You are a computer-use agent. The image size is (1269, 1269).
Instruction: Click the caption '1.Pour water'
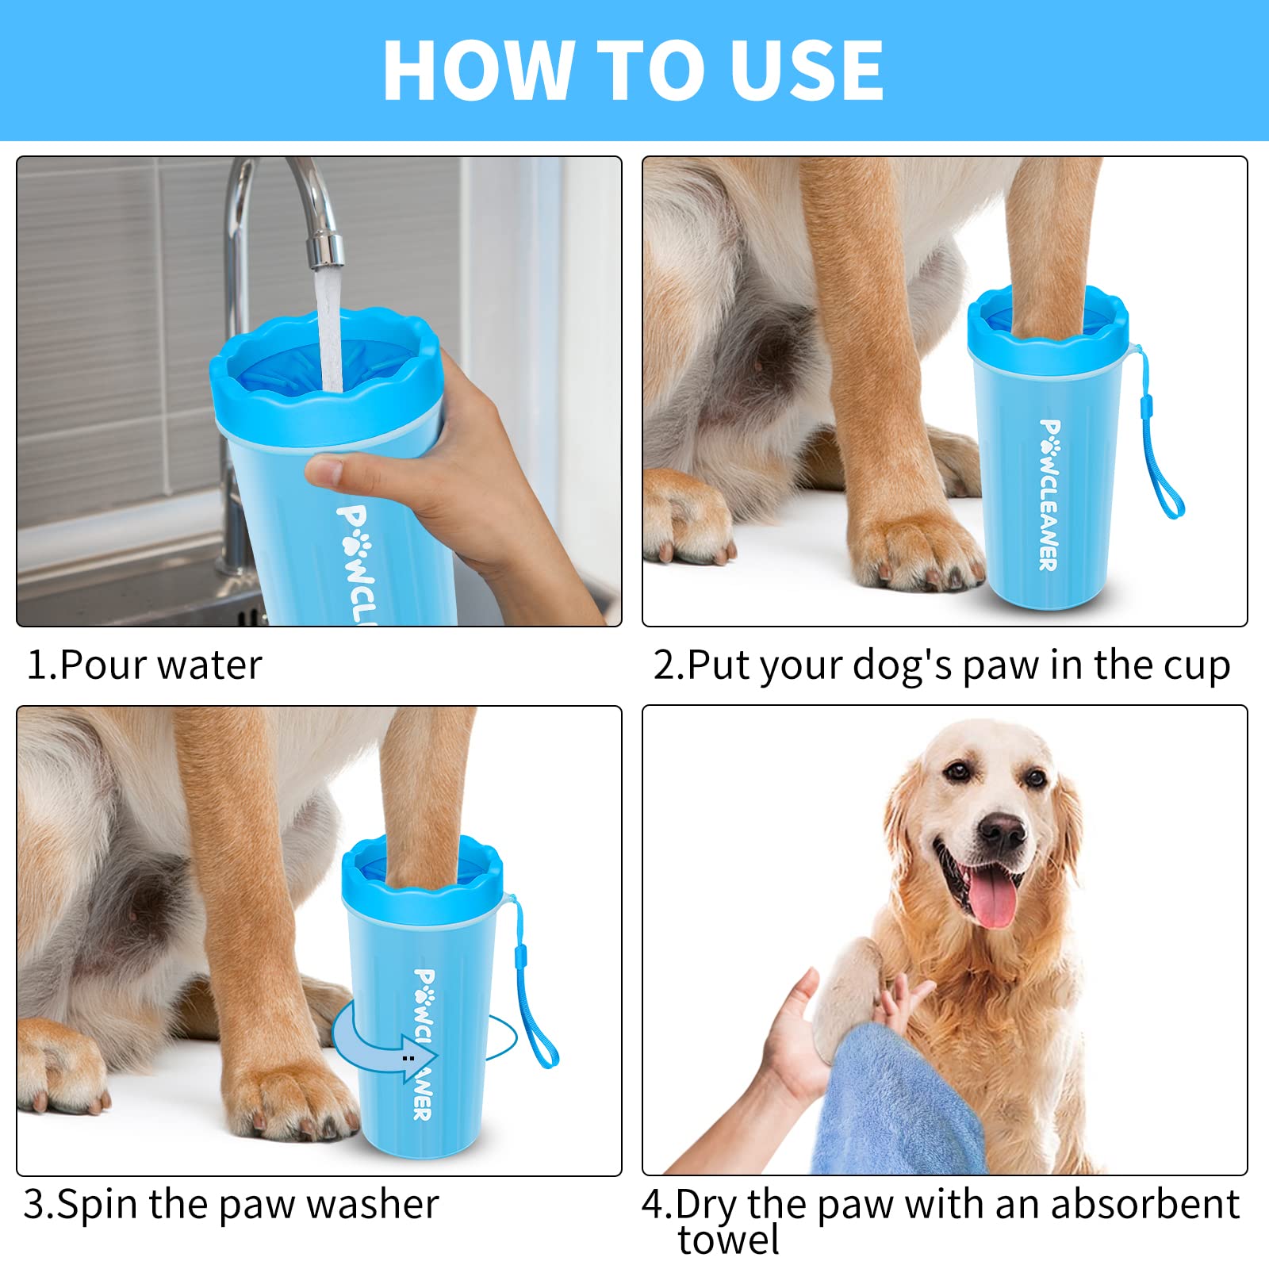click(x=144, y=665)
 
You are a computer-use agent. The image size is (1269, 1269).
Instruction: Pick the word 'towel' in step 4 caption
click(x=728, y=1239)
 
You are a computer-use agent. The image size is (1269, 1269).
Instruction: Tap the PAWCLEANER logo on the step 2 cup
click(x=1049, y=495)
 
